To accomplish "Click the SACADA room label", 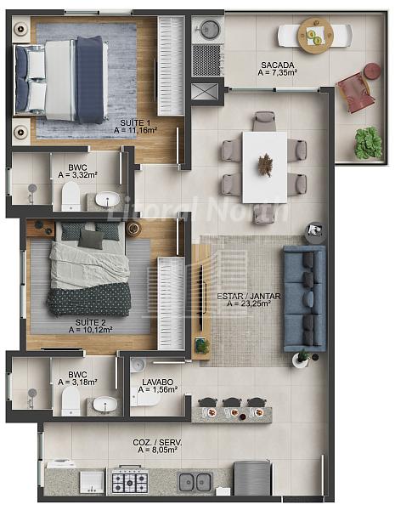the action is pos(278,65).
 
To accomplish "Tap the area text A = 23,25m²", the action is pos(249,303).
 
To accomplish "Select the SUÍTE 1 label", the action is pos(135,123).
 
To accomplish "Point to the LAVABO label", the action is pos(158,382).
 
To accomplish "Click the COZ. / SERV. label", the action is pos(158,443).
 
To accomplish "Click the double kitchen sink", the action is pos(195,482).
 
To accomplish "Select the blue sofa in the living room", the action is pos(304,298).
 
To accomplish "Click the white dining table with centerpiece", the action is pos(265,167).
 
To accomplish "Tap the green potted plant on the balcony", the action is pos(368,143).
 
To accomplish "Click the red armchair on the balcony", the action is pos(354,93).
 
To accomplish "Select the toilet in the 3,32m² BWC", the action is pos(71,196).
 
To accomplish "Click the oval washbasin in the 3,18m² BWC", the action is pos(104,405).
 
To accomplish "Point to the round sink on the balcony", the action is pos(208,29).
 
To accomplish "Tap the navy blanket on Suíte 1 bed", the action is pos(90,79).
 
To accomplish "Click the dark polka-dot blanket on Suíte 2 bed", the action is pos(89,299).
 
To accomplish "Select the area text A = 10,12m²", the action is pos(90,330).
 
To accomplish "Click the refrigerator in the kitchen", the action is pos(252,478).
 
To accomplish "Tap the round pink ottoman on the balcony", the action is pos(372,71).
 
